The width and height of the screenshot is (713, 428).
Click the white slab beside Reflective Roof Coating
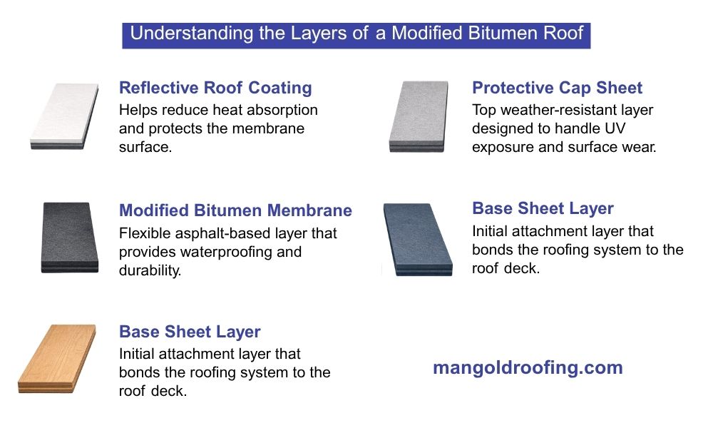point(65,116)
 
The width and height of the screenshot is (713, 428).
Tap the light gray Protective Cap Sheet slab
point(419,116)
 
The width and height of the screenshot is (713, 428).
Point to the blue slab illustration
point(417,238)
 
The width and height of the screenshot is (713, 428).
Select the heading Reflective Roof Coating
point(215,88)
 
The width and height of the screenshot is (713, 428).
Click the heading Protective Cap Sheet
point(557,88)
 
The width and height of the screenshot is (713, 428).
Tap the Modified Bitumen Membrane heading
point(235,210)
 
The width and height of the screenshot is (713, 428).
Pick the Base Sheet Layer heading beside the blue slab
point(543,208)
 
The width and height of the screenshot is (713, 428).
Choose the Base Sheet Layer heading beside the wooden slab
point(190,332)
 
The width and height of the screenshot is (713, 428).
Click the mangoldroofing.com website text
point(528,368)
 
